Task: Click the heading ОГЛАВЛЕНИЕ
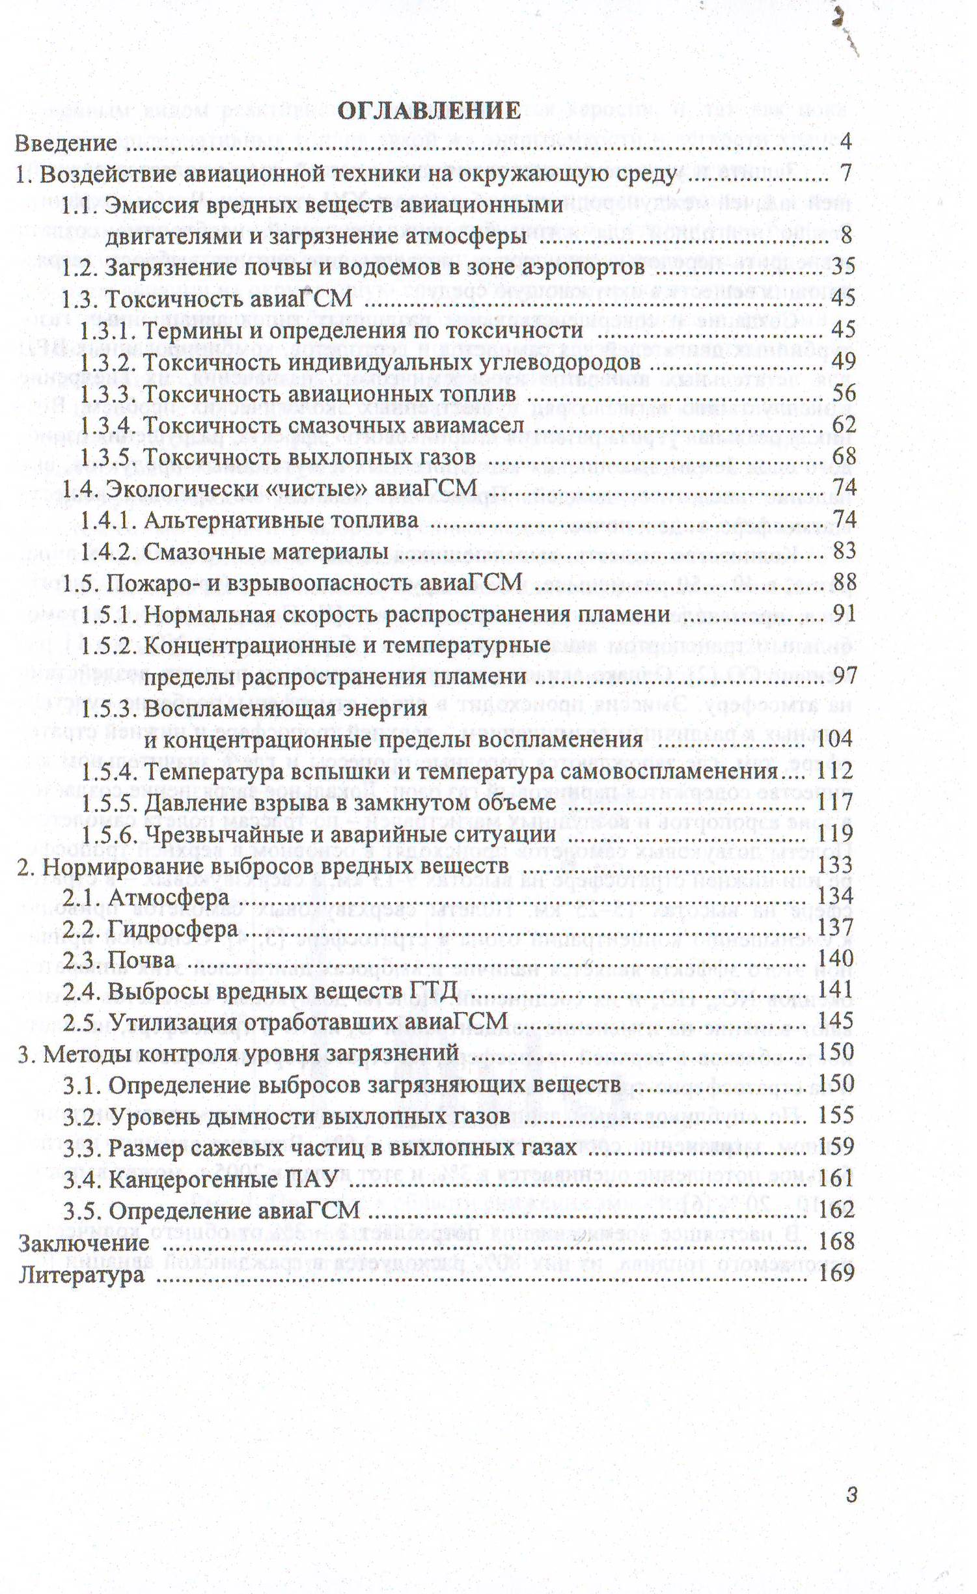tap(429, 110)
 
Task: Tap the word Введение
tap(66, 143)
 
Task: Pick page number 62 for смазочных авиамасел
tap(843, 424)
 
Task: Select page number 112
tap(836, 771)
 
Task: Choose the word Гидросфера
tap(172, 929)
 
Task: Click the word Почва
tap(141, 961)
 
